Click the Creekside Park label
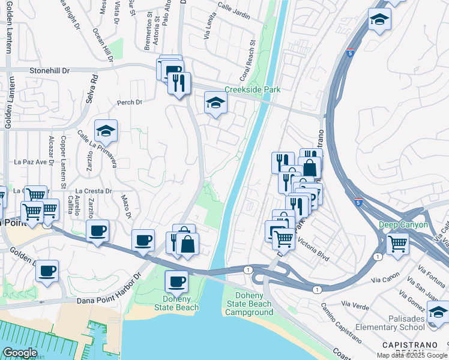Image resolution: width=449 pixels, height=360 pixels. (x=252, y=90)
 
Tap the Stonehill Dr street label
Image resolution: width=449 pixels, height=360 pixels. (x=49, y=71)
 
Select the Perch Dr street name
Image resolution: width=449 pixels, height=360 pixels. (x=130, y=103)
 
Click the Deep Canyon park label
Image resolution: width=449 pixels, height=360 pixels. (x=403, y=225)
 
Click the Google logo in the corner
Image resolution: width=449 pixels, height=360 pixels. (x=20, y=352)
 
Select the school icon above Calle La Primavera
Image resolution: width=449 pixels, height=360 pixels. (x=106, y=130)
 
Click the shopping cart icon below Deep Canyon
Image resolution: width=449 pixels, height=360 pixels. (x=397, y=244)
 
